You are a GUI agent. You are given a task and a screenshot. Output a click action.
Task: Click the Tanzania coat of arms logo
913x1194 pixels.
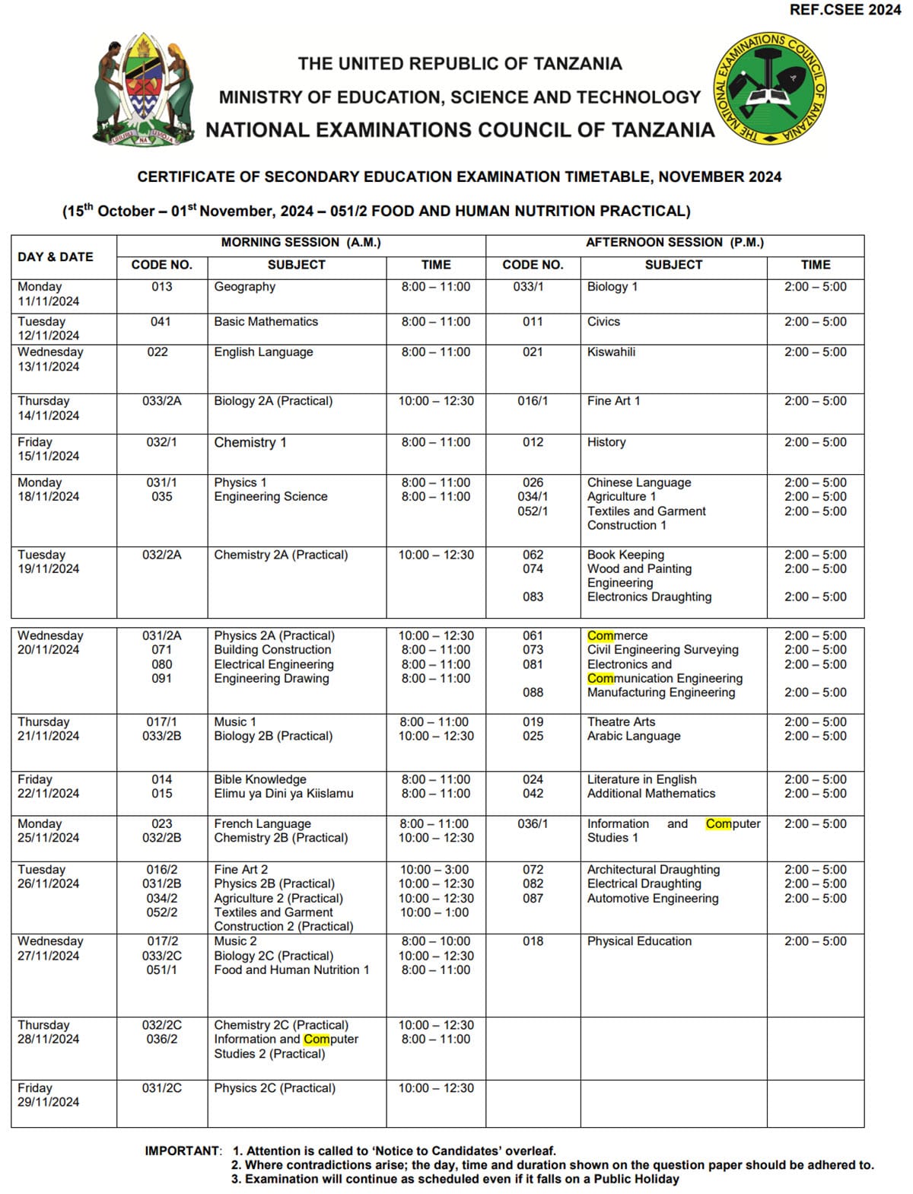click(143, 90)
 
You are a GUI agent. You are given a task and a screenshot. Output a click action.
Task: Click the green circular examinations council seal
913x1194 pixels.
click(770, 89)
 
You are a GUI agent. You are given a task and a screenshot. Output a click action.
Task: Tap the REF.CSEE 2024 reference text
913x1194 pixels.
click(845, 10)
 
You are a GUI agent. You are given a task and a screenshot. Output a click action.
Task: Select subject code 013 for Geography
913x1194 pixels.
click(161, 287)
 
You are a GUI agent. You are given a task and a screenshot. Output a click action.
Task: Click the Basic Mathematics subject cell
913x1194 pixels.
click(266, 322)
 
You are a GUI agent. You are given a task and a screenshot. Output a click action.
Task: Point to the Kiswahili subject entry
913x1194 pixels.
click(611, 352)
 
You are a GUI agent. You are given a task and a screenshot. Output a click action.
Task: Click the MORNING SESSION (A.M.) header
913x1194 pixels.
click(301, 243)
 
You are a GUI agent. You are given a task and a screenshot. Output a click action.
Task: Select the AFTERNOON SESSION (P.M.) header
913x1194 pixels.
click(674, 243)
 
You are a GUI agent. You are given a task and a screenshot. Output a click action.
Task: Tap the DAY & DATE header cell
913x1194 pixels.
click(56, 257)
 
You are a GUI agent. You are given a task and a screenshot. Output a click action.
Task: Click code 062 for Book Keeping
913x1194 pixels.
click(533, 555)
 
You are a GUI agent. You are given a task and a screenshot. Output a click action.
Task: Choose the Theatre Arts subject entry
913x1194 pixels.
click(621, 722)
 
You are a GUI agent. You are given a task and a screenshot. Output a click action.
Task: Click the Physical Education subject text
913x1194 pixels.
click(639, 941)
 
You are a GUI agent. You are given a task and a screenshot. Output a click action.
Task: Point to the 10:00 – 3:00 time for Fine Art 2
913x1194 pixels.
click(435, 870)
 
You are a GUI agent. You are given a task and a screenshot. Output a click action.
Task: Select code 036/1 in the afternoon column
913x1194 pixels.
click(533, 824)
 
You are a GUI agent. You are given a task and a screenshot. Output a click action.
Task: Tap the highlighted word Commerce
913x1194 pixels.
click(617, 636)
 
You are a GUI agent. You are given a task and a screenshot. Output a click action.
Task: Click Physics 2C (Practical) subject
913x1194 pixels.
click(275, 1088)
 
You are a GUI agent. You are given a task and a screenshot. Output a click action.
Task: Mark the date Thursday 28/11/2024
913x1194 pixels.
click(49, 1032)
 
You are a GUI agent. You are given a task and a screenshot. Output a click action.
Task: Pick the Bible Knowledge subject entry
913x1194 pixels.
click(260, 780)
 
